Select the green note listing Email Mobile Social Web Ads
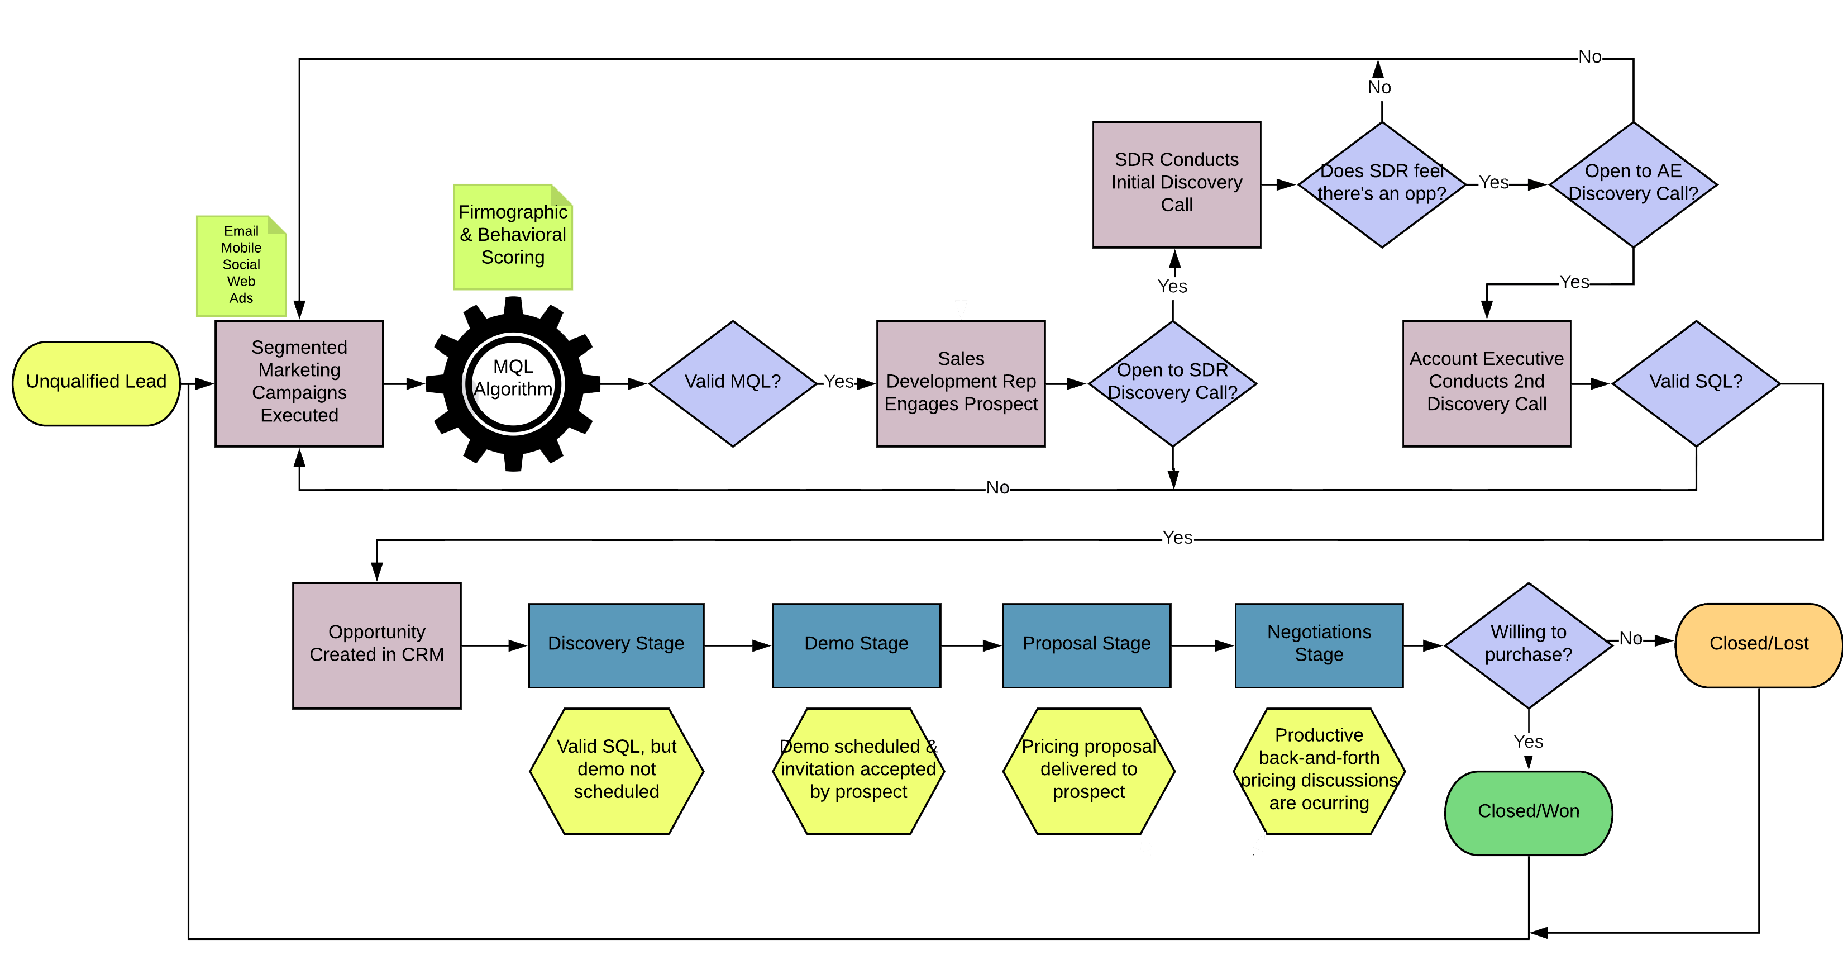pos(241,265)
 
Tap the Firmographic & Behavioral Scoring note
pos(513,237)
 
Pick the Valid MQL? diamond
pos(733,383)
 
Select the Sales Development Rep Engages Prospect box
pos(960,383)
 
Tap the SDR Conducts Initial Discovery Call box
pos(1176,184)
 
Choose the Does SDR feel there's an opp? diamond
pos(1382,184)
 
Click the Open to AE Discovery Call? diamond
pos(1632,184)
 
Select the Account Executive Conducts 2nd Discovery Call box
pos(1486,383)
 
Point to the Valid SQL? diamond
pos(1696,383)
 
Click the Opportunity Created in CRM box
pos(376,645)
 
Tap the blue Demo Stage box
pos(856,645)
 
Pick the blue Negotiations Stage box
pos(1319,645)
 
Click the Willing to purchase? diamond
pos(1528,645)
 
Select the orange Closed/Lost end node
pos(1758,645)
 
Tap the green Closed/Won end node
pos(1528,813)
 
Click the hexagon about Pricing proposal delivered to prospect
pos(1088,771)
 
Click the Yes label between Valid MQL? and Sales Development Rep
pos(838,382)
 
